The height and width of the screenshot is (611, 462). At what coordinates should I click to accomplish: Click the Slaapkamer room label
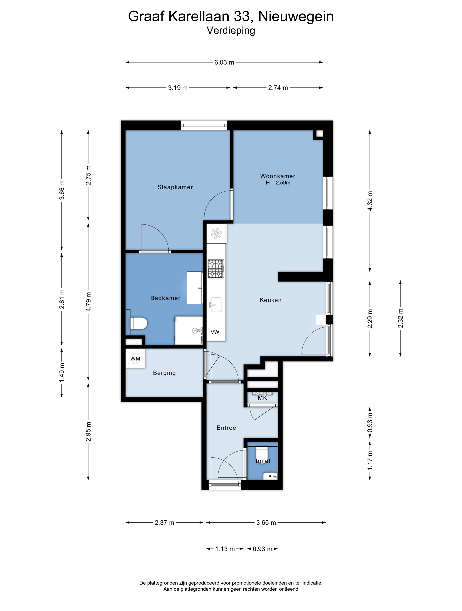click(175, 187)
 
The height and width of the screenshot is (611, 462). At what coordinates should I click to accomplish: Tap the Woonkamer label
click(278, 176)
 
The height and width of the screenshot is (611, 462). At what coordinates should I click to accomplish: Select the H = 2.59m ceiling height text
click(278, 183)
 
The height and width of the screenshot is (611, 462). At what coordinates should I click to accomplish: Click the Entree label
click(226, 428)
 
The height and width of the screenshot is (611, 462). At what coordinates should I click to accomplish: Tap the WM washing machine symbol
click(135, 358)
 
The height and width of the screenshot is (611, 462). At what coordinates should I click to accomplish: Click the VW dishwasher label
click(215, 332)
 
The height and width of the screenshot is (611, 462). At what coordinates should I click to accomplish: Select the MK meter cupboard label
click(262, 398)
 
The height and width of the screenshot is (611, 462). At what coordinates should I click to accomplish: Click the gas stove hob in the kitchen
click(216, 269)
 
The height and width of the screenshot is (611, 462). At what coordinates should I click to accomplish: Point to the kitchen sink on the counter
click(216, 305)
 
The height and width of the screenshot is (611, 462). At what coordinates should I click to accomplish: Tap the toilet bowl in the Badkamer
click(139, 323)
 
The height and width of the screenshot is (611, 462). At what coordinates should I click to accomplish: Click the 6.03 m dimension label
click(224, 62)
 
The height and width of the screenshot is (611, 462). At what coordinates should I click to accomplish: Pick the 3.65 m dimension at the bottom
click(266, 523)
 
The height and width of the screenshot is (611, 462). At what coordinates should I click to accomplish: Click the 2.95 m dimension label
click(88, 431)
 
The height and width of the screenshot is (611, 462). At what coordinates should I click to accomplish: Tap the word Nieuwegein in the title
click(296, 16)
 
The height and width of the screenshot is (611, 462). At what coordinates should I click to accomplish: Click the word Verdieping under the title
click(231, 30)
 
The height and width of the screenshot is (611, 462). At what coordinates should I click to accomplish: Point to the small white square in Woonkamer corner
click(320, 134)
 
